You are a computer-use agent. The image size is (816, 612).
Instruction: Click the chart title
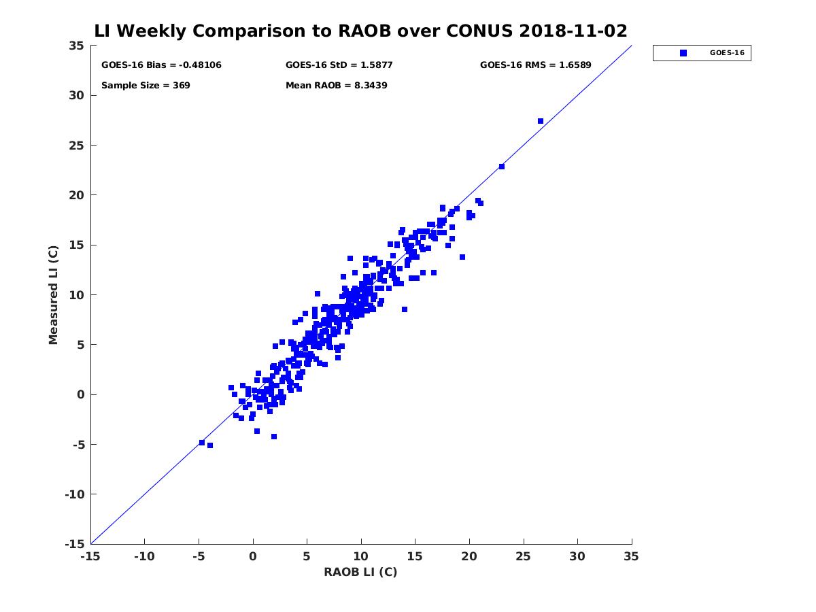pyautogui.click(x=360, y=31)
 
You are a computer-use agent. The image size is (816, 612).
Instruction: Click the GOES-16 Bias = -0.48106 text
pyautogui.click(x=161, y=65)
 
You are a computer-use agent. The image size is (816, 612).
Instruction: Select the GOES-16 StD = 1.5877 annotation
pyautogui.click(x=339, y=65)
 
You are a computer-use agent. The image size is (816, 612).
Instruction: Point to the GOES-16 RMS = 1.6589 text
pyautogui.click(x=535, y=65)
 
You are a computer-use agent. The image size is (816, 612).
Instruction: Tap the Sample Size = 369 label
pyautogui.click(x=146, y=86)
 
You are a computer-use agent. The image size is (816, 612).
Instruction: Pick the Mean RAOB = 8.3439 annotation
pyautogui.click(x=336, y=86)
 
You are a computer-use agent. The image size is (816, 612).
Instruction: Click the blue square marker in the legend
pyautogui.click(x=683, y=53)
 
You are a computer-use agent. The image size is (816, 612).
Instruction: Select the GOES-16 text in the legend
pyautogui.click(x=727, y=53)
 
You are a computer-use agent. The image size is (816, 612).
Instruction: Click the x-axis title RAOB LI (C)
pyautogui.click(x=360, y=571)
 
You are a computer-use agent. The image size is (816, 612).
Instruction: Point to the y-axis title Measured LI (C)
pyautogui.click(x=53, y=294)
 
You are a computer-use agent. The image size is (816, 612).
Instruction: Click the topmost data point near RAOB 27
pyautogui.click(x=541, y=121)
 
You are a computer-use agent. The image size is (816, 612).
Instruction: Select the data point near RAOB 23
pyautogui.click(x=501, y=167)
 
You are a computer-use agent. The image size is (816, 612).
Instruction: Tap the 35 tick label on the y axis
pyautogui.click(x=77, y=46)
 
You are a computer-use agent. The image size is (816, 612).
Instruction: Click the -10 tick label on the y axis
pyautogui.click(x=75, y=494)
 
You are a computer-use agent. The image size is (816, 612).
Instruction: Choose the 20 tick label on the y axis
pyautogui.click(x=77, y=195)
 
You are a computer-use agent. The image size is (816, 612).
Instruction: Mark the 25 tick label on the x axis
pyautogui.click(x=523, y=556)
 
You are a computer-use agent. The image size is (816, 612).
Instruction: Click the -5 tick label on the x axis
pyautogui.click(x=199, y=556)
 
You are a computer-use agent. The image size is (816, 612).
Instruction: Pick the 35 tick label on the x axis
pyautogui.click(x=631, y=556)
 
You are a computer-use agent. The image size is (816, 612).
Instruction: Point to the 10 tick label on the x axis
pyautogui.click(x=360, y=556)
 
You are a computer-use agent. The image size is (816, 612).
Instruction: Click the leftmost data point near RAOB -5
pyautogui.click(x=202, y=443)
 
